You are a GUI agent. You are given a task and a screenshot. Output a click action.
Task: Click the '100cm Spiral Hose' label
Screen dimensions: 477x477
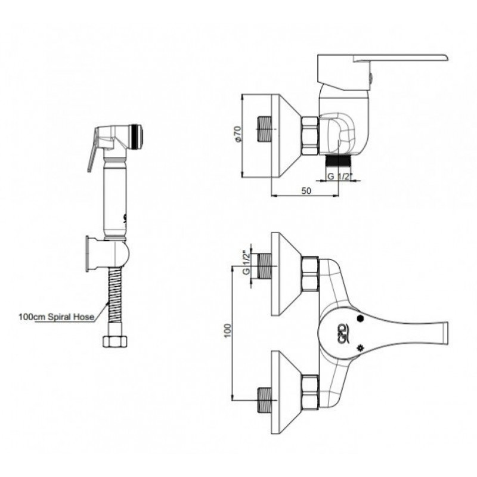[x=57, y=317]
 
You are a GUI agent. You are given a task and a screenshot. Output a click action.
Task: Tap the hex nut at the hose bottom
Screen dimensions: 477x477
[x=114, y=341]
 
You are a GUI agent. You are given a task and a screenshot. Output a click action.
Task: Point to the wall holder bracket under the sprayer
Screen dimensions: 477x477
[x=107, y=254]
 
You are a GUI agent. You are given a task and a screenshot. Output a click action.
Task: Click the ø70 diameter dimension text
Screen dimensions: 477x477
[x=238, y=134]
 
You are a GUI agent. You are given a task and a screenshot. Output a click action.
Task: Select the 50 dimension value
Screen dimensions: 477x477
[x=306, y=191]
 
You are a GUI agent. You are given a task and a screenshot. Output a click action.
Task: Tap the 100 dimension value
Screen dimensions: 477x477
[x=228, y=331]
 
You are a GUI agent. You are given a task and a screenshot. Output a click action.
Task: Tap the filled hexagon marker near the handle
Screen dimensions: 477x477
[x=360, y=318]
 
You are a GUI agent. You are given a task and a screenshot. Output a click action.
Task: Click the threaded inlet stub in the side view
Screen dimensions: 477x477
[x=264, y=129]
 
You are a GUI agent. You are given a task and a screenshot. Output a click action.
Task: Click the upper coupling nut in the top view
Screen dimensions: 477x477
[x=310, y=273]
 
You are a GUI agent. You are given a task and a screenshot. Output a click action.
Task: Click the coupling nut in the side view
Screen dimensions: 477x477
[x=309, y=137]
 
